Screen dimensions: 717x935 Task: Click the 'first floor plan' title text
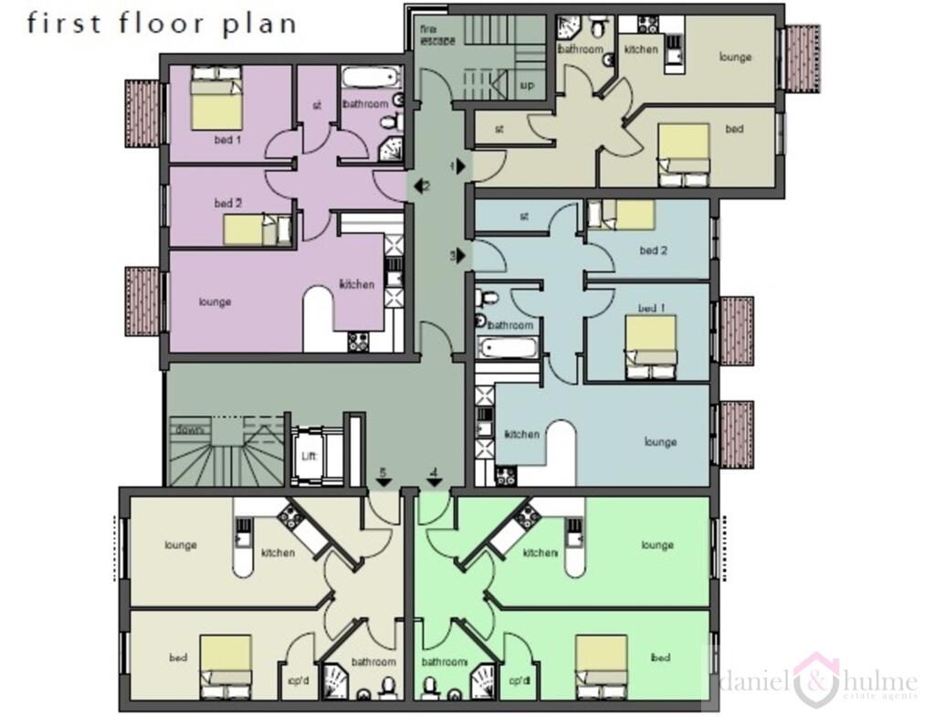pyautogui.click(x=162, y=23)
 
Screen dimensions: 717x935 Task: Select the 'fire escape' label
pyautogui.click(x=429, y=35)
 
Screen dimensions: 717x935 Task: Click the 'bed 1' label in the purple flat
pyautogui.click(x=228, y=140)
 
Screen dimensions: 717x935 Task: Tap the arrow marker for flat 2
pyautogui.click(x=420, y=186)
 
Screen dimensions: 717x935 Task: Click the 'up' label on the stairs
pyautogui.click(x=527, y=84)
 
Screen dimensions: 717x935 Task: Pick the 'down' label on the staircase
pyautogui.click(x=190, y=428)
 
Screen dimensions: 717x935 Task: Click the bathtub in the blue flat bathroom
pyautogui.click(x=503, y=346)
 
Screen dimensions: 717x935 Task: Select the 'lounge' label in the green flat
pyautogui.click(x=657, y=545)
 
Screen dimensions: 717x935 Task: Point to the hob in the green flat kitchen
pyautogui.click(x=526, y=517)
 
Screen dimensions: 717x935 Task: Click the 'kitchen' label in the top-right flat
pyautogui.click(x=641, y=49)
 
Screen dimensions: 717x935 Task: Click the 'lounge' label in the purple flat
pyautogui.click(x=215, y=301)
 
